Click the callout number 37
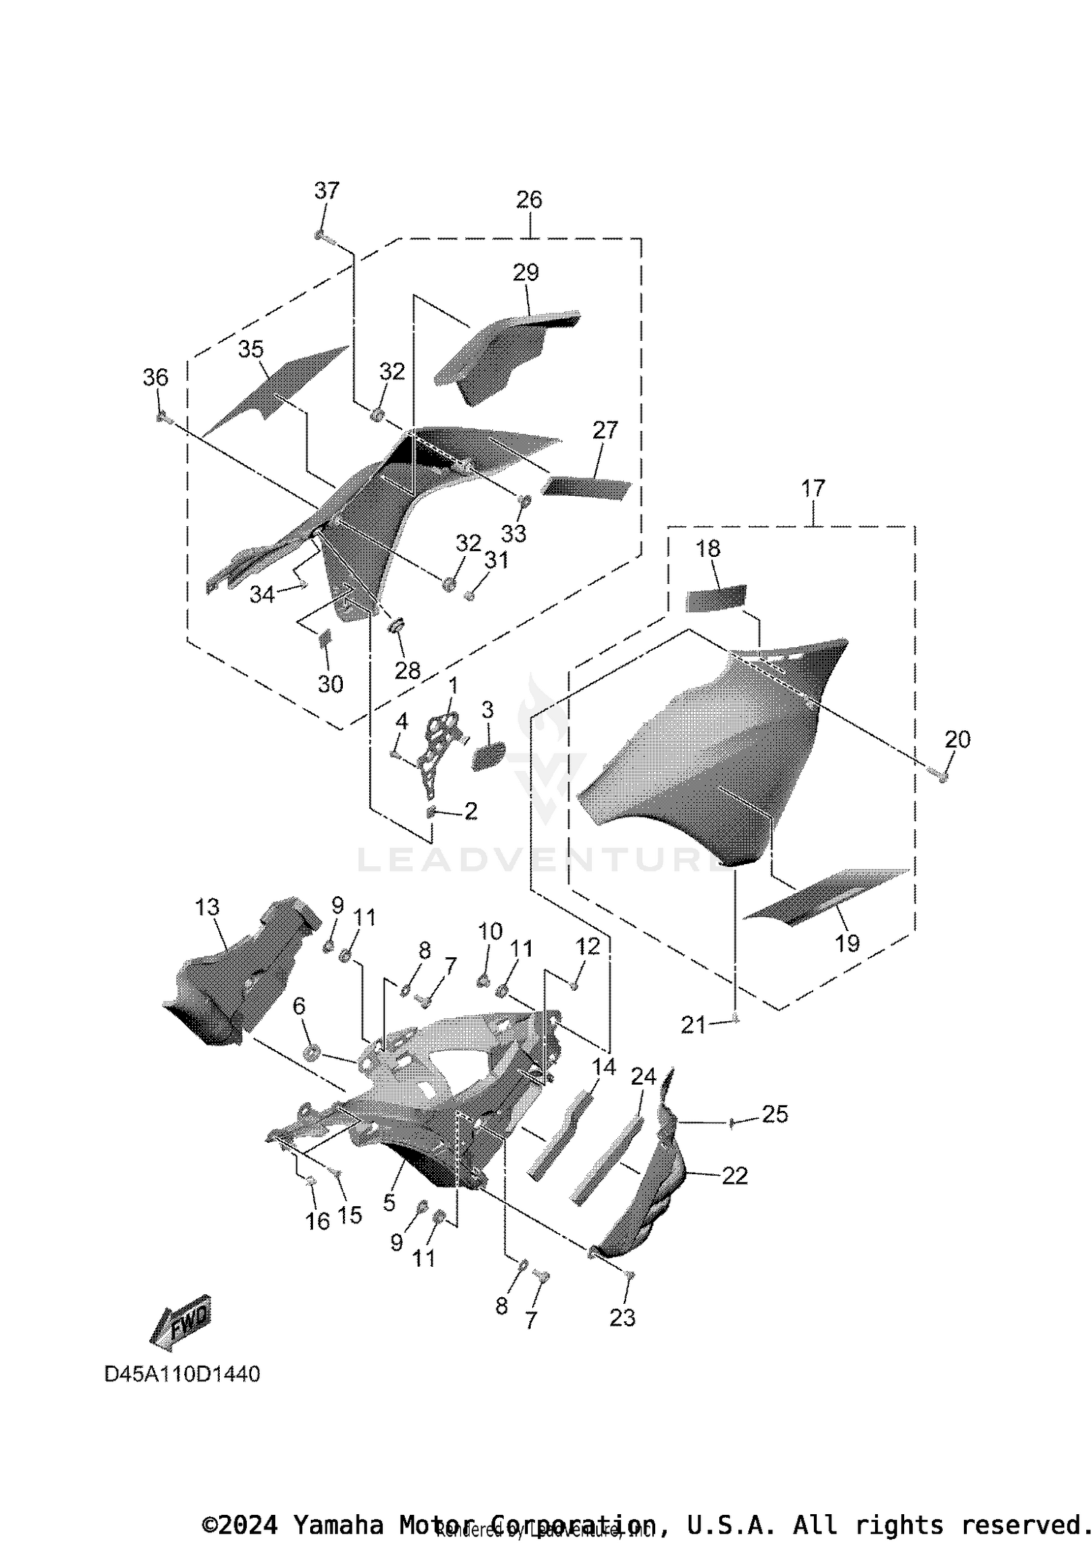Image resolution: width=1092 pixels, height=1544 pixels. (x=326, y=191)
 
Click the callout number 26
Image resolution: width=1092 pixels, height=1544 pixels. (x=529, y=199)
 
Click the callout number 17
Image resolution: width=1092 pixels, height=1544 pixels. (x=813, y=488)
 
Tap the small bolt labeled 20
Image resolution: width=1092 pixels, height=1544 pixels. (x=943, y=777)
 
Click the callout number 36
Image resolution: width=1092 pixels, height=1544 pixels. (x=155, y=377)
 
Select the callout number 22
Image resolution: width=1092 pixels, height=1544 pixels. (x=734, y=1176)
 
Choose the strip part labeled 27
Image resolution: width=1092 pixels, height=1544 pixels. (x=586, y=487)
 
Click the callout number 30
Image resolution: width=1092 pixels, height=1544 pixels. (x=331, y=684)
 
